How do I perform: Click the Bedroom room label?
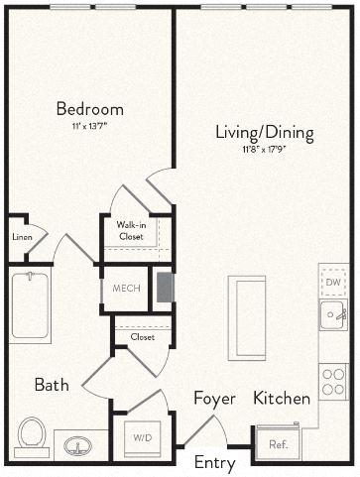pos(89,109)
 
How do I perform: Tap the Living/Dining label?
pos(265,132)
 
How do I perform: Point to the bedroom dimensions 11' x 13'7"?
pos(89,127)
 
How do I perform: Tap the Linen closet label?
pos(22,237)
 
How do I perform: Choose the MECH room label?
pos(126,289)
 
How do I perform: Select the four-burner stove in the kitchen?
pos(333,380)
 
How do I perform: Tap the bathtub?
pos(30,307)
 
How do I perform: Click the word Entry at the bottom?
pos(214,463)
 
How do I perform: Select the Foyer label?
pos(214,399)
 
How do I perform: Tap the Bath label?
pos(52,385)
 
